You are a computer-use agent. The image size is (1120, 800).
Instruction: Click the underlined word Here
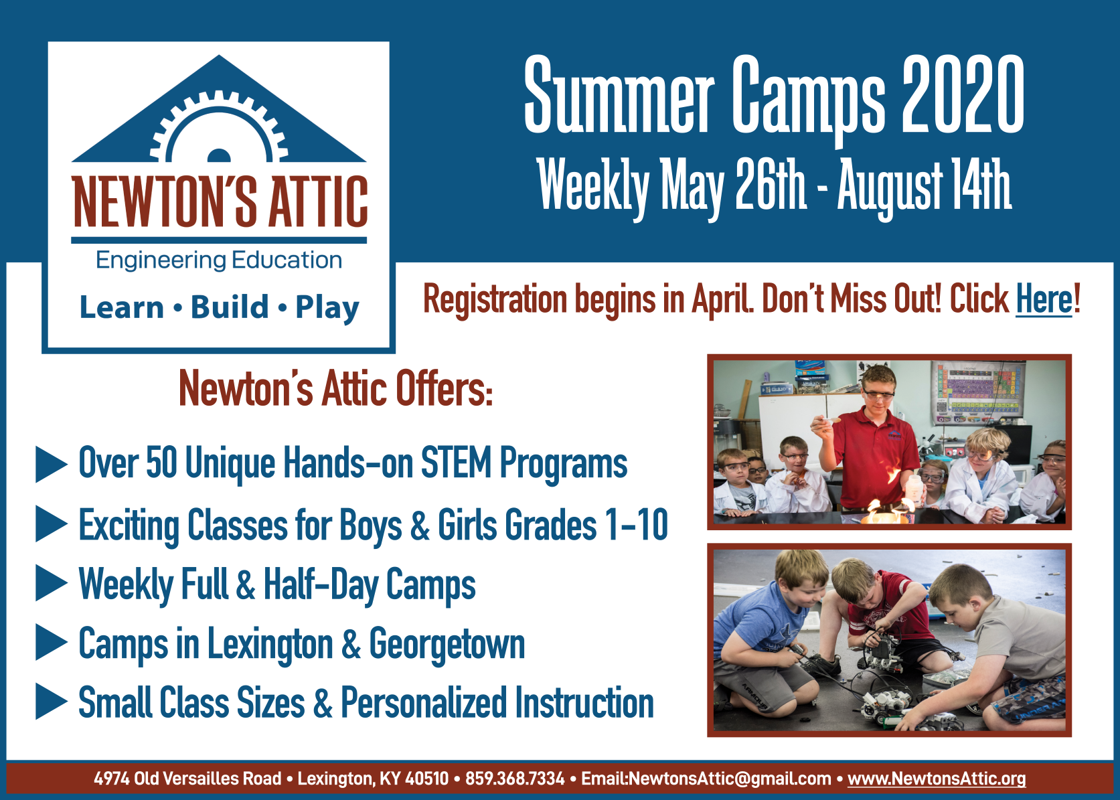pos(1044,299)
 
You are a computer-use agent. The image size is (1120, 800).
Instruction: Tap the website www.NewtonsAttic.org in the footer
pos(937,779)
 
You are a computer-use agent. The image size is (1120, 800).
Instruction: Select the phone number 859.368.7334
pos(515,779)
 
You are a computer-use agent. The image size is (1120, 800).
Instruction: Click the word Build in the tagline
pos(230,307)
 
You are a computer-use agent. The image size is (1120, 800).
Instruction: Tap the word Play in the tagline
pos(327,308)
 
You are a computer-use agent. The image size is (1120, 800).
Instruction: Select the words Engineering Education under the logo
pos(219,260)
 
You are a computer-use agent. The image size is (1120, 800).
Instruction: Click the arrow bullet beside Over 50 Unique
pos(51,465)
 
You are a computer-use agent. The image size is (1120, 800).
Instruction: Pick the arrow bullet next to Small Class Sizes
pos(51,702)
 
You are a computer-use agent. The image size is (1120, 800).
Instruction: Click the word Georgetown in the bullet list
pos(447,645)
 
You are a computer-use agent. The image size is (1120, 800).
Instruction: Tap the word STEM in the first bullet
pos(456,463)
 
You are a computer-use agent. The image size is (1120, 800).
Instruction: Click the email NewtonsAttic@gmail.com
pos(730,779)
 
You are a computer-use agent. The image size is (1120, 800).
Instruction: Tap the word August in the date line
pos(890,185)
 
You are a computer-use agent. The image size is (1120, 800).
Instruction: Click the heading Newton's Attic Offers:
pos(336,388)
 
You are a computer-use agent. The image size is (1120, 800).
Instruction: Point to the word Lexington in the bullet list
pos(270,645)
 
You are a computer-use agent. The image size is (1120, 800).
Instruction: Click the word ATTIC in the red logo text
pos(319,201)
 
